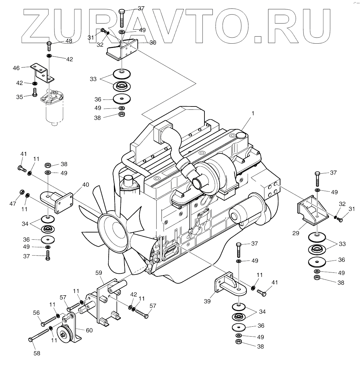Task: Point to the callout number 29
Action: [x=296, y=233]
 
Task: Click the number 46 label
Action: [x=16, y=68]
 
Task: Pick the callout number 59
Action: [x=99, y=273]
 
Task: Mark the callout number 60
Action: [x=89, y=330]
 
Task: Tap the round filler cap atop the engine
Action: [x=241, y=135]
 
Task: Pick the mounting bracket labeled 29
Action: [x=310, y=212]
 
